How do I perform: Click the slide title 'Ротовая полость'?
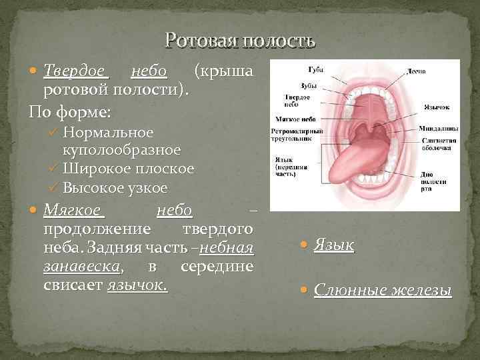(240, 41)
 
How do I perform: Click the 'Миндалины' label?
(437, 128)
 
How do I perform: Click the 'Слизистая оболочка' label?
(438, 145)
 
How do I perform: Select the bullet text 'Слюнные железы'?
(383, 291)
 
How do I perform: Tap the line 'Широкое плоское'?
(129, 169)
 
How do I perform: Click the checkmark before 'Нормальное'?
(54, 132)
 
